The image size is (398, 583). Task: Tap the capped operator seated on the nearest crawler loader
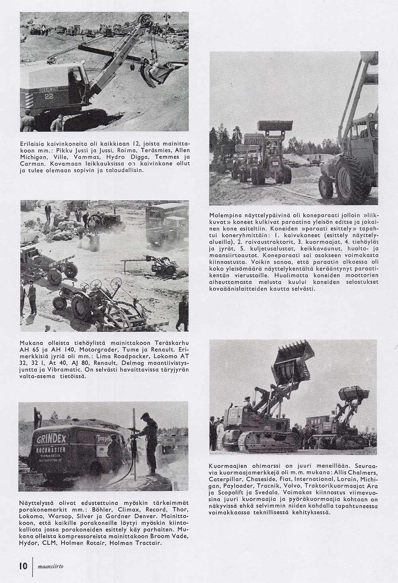(x=248, y=401)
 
